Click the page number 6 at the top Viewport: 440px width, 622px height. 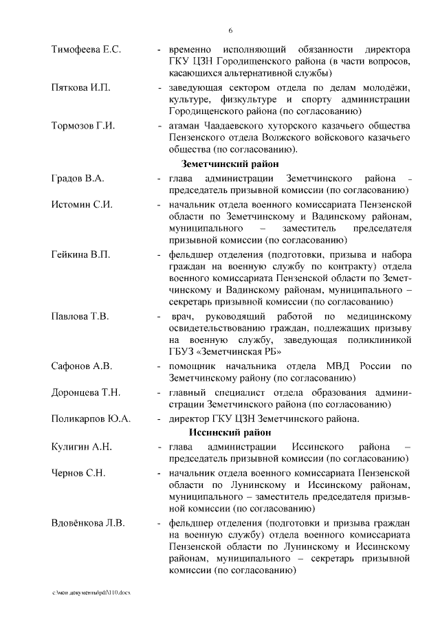pyautogui.click(x=231, y=30)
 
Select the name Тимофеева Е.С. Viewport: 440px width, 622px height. pyautogui.click(x=86, y=51)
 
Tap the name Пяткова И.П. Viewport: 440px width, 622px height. pyautogui.click(x=80, y=89)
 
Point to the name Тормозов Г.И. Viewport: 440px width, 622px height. pyautogui.click(x=83, y=126)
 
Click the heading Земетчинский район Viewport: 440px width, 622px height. pyautogui.click(x=230, y=164)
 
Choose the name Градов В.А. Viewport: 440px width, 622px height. pyautogui.click(x=78, y=179)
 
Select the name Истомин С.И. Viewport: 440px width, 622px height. pyautogui.click(x=82, y=204)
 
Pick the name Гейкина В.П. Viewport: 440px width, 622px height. pyautogui.click(x=80, y=254)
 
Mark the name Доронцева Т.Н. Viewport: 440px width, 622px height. pyautogui.click(x=86, y=392)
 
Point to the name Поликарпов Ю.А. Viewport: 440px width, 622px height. pyautogui.click(x=91, y=418)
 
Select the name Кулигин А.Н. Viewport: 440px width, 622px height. pyautogui.click(x=81, y=447)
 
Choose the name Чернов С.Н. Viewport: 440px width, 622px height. pyautogui.click(x=77, y=473)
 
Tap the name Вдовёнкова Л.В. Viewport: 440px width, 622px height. pyautogui.click(x=88, y=523)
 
